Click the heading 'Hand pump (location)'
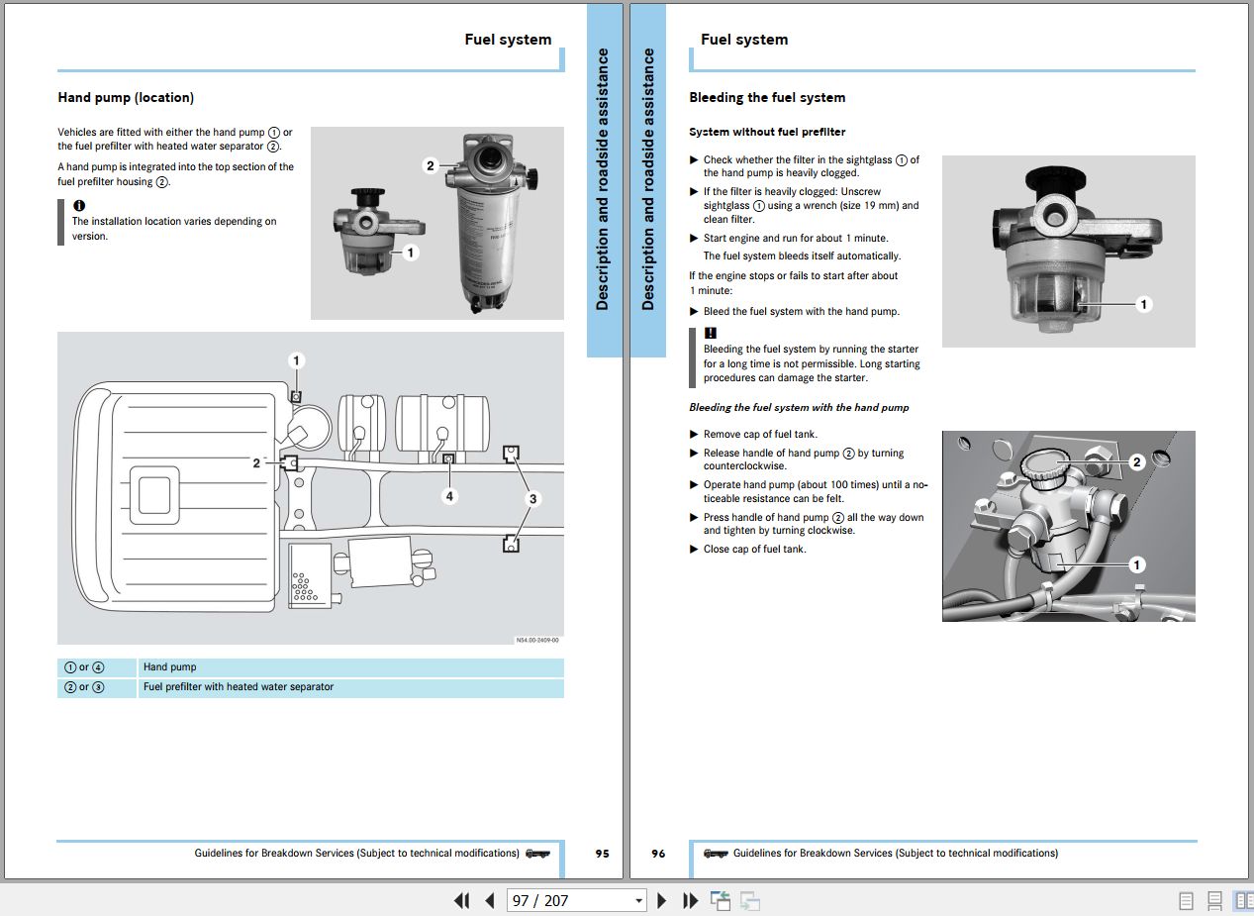(x=126, y=98)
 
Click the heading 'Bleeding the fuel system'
(x=767, y=98)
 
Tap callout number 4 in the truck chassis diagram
(x=449, y=495)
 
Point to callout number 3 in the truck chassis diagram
(x=532, y=499)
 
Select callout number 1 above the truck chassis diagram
(x=296, y=360)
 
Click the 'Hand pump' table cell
(x=170, y=667)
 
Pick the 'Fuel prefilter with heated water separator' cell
(x=239, y=687)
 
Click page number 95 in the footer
(x=602, y=854)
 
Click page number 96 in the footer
(x=658, y=854)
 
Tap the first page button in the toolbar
(x=461, y=901)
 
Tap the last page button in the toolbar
(x=691, y=901)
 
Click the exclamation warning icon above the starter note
(x=710, y=334)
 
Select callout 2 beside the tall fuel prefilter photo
(x=430, y=165)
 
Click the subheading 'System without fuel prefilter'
(x=767, y=132)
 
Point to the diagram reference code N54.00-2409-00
(x=537, y=640)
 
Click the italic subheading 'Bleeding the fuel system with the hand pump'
(x=799, y=408)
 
